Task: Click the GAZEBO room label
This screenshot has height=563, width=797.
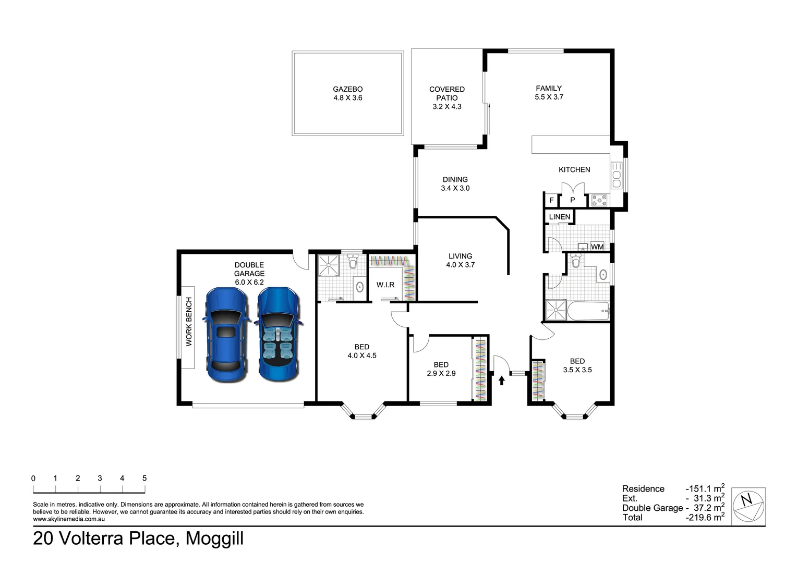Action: tap(347, 89)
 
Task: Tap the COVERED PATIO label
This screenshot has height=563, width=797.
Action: tap(447, 93)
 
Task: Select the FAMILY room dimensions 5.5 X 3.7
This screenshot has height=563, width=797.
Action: tap(549, 97)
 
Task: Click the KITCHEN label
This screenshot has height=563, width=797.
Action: tap(574, 169)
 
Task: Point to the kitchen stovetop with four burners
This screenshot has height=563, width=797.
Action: tap(599, 200)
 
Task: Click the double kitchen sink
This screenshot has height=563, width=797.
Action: tap(617, 175)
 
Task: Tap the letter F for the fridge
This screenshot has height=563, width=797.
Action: tap(551, 200)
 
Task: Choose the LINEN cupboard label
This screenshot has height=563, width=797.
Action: tap(559, 216)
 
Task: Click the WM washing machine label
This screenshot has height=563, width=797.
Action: tap(597, 247)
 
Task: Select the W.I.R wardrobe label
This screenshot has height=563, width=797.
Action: tap(385, 285)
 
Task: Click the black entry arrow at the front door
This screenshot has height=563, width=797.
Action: tap(502, 381)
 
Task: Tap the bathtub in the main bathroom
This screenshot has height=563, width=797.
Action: tap(588, 311)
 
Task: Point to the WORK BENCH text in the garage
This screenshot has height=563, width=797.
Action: tap(189, 322)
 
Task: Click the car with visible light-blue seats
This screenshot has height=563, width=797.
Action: tap(279, 334)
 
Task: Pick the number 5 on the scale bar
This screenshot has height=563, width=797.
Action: tap(144, 479)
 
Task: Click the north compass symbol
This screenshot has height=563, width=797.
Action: tap(748, 507)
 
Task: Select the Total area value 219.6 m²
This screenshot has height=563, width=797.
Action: tap(705, 517)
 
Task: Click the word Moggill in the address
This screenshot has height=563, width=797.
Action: tap(214, 538)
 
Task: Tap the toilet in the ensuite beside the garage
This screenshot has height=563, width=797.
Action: tap(353, 262)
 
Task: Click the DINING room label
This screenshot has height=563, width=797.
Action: tap(455, 180)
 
